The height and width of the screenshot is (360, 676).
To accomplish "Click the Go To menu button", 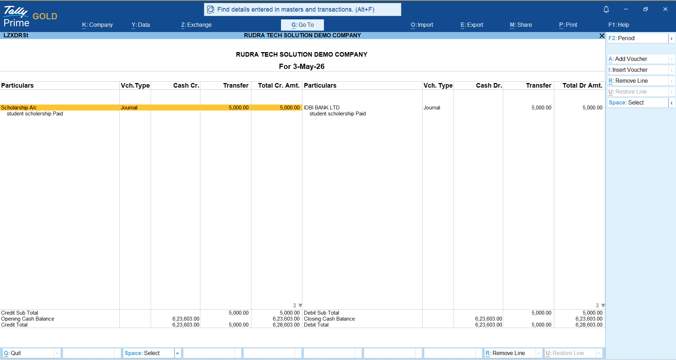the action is coord(302,25).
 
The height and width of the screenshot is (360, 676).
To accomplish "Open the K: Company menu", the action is coord(98,25).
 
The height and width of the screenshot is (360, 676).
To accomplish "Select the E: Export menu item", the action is coord(472,25).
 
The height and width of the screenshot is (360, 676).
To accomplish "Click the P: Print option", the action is coord(568,25).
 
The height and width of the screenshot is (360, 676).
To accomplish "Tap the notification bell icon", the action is coord(606,10).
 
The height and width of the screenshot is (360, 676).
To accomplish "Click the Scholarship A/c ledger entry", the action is coord(19,108).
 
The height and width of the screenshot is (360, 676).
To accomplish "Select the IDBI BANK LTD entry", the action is coord(322,108).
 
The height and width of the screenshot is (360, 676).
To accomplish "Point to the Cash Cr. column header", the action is coord(186,86).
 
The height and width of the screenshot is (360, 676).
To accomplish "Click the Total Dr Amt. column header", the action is coord(582,86).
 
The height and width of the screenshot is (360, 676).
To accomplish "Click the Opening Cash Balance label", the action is coord(27,319).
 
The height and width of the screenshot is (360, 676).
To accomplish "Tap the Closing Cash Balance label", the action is coord(329,319).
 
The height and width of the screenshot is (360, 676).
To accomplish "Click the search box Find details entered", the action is coord(302,10).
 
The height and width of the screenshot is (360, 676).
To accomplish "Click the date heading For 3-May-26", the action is coord(302,67).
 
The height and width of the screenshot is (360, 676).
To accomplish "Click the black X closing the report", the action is coord(602,36).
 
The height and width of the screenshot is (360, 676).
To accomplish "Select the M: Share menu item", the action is coord(521,25).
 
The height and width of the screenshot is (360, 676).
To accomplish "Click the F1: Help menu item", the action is coord(619,25).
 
